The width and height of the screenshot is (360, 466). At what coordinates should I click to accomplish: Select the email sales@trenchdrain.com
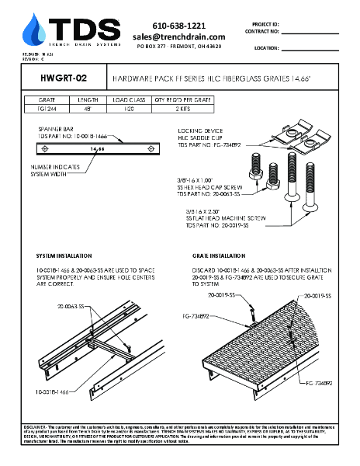coord(178,37)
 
